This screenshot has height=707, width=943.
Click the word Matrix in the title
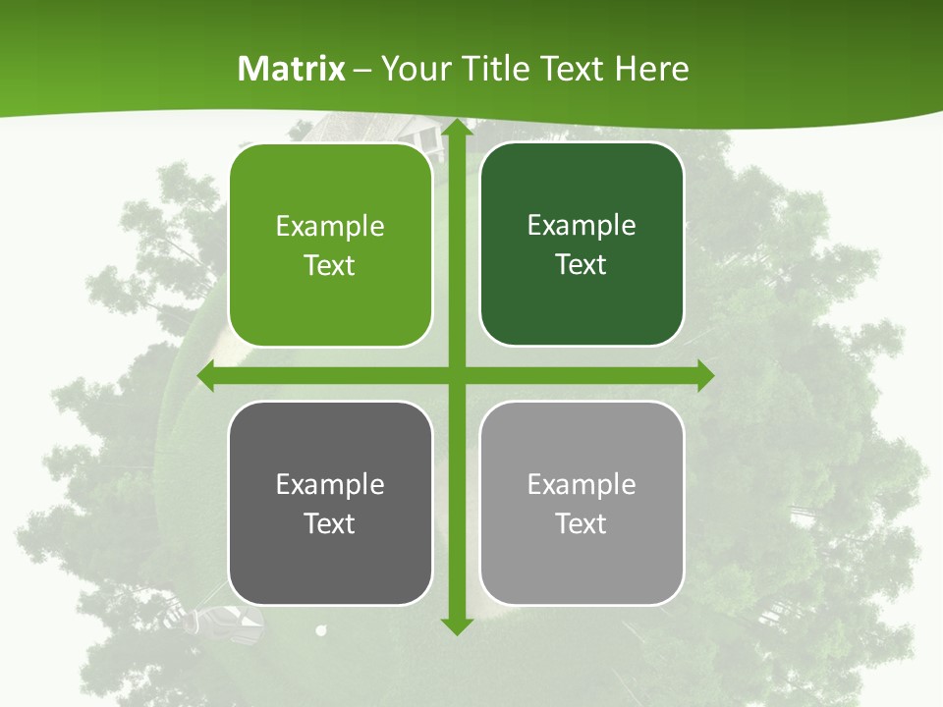click(292, 69)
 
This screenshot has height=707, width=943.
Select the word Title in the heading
click(497, 69)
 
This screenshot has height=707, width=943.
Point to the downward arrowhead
click(456, 625)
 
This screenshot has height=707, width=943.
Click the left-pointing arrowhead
click(207, 376)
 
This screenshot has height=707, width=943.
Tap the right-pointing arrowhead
click(704, 376)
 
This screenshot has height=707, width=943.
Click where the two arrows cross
click(456, 376)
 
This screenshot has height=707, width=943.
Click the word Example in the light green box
click(330, 227)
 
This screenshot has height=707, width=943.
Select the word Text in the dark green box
click(582, 265)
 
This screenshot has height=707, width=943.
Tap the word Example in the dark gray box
click(330, 484)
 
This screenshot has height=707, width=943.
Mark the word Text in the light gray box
click(582, 523)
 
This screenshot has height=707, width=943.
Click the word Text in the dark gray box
click(330, 523)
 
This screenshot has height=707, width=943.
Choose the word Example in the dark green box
click(582, 226)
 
